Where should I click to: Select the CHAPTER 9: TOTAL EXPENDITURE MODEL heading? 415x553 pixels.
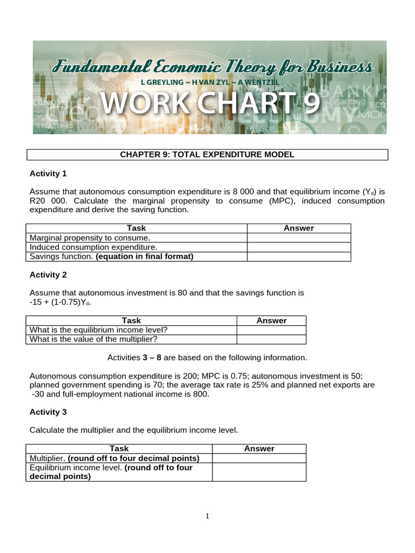pos(207,155)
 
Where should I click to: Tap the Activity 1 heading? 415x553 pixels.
pos(48,173)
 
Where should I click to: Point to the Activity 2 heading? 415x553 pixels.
pos(48,274)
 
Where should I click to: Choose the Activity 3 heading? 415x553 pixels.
pos(48,412)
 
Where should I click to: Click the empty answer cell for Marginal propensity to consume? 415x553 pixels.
pos(298,238)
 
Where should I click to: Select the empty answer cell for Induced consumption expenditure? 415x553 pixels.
pos(298,247)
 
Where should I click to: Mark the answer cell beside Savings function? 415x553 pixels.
pos(298,257)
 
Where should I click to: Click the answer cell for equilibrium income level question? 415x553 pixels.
pos(271,330)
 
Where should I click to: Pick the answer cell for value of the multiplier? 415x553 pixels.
pos(271,339)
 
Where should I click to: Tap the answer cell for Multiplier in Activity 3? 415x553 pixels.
pos(259,458)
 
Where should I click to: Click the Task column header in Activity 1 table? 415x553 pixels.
pos(136,228)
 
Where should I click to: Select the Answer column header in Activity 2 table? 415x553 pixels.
pos(271,320)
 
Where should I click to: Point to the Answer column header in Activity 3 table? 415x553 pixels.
pos(259,448)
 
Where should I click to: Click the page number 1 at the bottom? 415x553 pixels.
pos(207,516)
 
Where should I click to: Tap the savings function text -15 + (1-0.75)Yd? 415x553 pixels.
pos(60,302)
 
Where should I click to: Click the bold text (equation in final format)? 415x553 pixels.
pos(144,257)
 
